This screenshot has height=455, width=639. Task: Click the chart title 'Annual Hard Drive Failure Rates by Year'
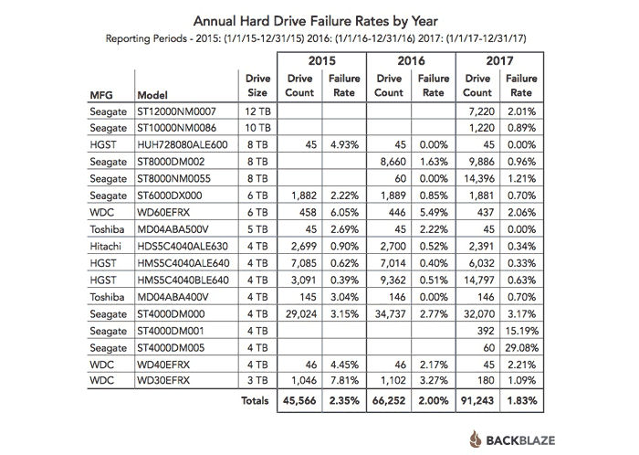click(x=316, y=21)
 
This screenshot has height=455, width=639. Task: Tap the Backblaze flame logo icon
click(x=476, y=439)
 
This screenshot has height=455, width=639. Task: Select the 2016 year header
click(x=411, y=60)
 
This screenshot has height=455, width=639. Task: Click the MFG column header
click(x=101, y=95)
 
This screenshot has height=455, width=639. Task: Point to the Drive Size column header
click(x=257, y=85)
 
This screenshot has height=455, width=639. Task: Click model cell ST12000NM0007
click(x=176, y=111)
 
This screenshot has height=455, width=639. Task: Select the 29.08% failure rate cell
click(x=521, y=348)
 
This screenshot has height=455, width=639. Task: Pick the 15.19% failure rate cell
click(x=521, y=331)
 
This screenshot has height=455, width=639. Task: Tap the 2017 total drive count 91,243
click(x=477, y=400)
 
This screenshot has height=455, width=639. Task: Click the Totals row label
click(x=255, y=400)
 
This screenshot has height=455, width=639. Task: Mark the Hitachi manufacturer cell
click(x=106, y=247)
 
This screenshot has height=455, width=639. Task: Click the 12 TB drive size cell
click(x=257, y=111)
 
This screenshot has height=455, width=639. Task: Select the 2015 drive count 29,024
click(x=300, y=314)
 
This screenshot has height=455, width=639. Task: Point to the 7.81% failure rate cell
click(x=344, y=380)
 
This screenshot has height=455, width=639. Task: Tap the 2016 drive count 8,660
click(x=393, y=162)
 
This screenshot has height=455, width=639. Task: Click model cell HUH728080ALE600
click(x=183, y=144)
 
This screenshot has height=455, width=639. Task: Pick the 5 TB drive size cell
click(x=257, y=229)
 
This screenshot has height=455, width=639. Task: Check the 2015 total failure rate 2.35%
click(x=344, y=400)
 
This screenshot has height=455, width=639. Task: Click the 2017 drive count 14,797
click(x=478, y=280)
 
